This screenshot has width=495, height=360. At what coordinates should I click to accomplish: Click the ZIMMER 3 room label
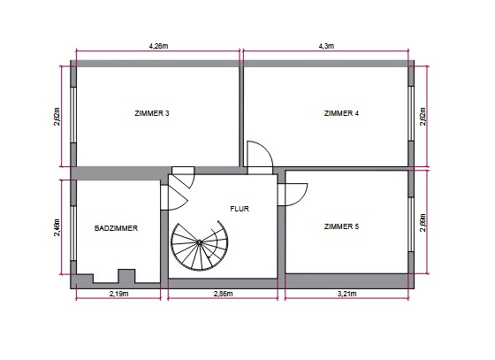152,113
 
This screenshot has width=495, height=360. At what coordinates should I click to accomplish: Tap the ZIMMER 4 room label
341,113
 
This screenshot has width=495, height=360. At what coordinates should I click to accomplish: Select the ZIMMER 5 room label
341,226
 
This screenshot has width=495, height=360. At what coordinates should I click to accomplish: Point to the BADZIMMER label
116,228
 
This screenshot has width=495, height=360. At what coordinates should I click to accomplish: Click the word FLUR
240,209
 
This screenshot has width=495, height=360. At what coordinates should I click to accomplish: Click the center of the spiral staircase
199,242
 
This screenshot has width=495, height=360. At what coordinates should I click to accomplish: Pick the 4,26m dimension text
158,46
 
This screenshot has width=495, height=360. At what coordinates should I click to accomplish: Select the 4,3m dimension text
326,46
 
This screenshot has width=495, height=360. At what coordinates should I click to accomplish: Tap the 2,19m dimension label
119,294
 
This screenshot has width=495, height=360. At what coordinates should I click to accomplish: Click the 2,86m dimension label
223,294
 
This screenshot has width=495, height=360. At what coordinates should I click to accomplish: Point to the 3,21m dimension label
346,294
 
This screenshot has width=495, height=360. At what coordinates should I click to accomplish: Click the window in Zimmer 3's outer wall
73,115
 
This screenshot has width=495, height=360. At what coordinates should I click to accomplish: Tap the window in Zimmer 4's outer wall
411,113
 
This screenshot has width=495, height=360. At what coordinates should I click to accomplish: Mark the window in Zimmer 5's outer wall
411,225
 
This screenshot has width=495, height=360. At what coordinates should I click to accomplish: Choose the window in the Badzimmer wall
73,234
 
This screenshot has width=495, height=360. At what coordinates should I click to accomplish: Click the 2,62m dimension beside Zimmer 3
57,117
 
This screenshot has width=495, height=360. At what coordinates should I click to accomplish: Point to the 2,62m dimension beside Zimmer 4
423,117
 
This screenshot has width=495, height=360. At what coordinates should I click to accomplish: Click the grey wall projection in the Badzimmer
126,276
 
